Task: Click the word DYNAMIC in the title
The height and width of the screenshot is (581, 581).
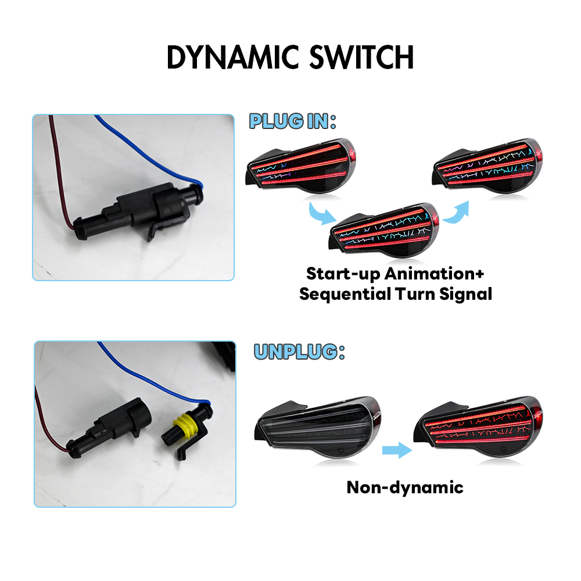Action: [233, 58]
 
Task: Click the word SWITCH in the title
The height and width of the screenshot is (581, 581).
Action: [361, 58]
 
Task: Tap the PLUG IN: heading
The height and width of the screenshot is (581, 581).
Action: [292, 121]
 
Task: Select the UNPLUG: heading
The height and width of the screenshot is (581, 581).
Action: [299, 352]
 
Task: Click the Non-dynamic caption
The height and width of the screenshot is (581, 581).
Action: [404, 488]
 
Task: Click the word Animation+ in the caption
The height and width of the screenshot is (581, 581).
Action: [434, 274]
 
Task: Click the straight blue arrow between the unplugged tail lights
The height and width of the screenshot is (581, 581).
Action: [397, 450]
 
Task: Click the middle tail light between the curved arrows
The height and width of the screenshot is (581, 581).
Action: [384, 231]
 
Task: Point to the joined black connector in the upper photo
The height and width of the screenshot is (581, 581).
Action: [138, 212]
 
